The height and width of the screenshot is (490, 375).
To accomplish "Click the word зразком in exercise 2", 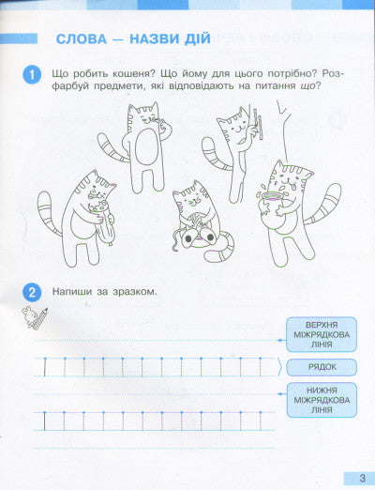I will coord(134,290).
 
